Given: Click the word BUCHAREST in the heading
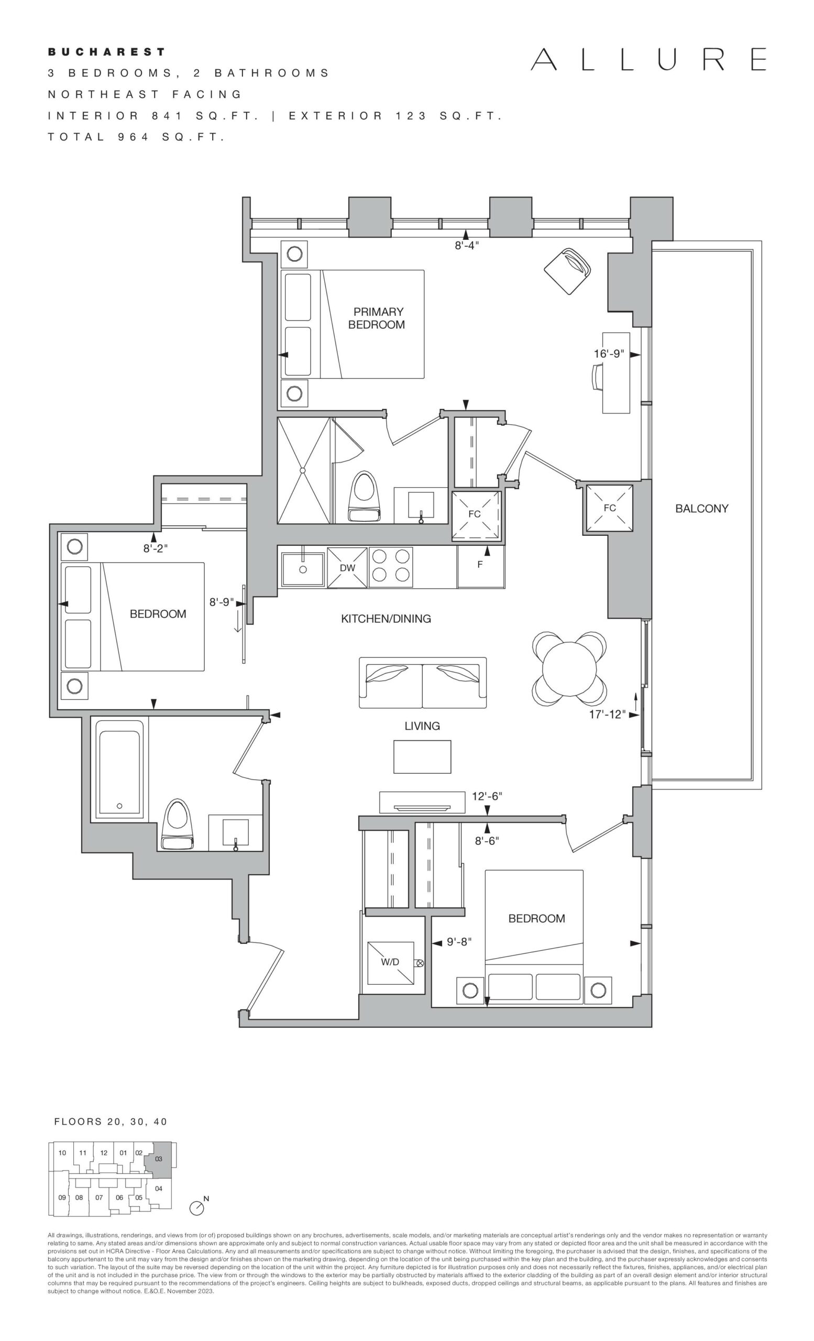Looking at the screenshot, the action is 107,52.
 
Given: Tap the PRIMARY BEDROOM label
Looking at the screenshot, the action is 377,318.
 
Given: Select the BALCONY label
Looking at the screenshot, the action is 701,508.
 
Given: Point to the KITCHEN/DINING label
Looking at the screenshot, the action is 386,619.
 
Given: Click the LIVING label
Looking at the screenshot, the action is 422,726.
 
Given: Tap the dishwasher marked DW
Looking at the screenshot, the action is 347,568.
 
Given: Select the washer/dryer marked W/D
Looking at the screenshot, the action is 390,963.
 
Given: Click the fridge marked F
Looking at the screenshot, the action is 480,566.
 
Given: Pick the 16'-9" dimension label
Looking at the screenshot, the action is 608,354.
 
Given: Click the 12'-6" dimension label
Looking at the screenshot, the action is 487,796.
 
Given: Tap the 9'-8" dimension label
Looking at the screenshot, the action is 459,941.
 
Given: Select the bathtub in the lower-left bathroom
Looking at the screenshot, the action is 120,768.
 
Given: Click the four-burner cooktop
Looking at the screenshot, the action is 390,568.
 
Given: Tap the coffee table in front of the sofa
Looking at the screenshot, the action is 422,756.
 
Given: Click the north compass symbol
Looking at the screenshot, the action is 197,1207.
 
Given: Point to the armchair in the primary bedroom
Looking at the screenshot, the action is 567,271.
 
